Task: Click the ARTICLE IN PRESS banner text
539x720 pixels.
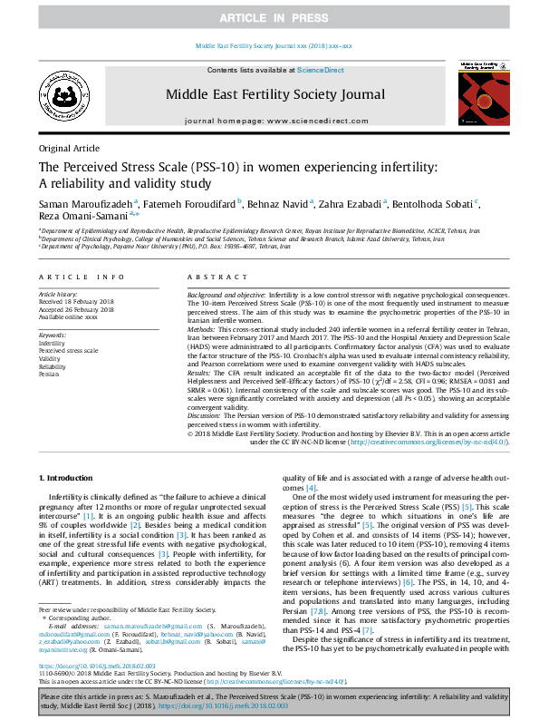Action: pos(269,18)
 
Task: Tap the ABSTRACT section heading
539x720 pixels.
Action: pos(212,277)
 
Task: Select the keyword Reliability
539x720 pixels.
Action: pos(53,365)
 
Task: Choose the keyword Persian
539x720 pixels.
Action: pos(50,374)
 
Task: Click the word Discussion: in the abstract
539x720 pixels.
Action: pos(207,414)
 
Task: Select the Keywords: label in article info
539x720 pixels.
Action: pos(53,335)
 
